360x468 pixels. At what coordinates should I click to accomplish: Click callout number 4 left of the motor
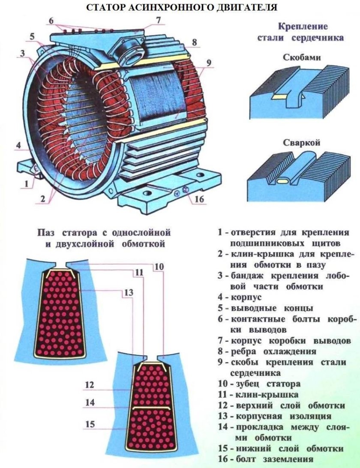(x=18, y=145)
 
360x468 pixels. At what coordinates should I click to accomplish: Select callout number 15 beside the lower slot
(x=90, y=424)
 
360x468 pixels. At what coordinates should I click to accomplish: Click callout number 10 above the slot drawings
(x=159, y=266)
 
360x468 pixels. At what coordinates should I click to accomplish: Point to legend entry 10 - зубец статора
(x=258, y=384)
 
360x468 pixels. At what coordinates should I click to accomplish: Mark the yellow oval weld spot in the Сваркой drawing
(x=283, y=182)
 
